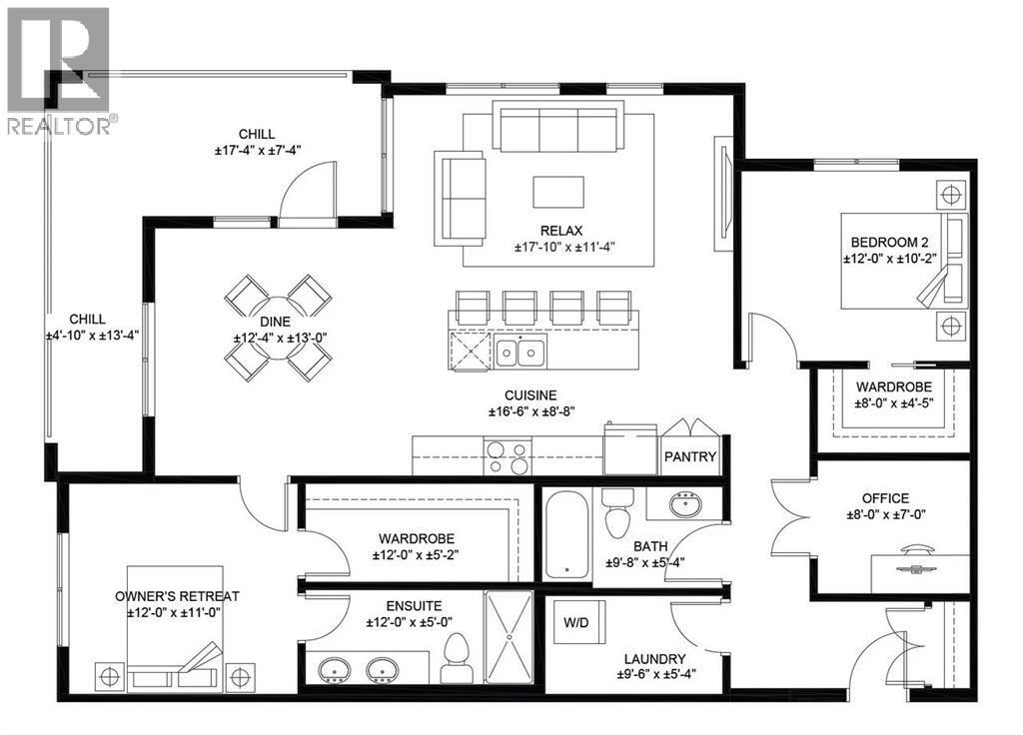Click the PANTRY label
click(x=690, y=457)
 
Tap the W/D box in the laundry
click(x=575, y=624)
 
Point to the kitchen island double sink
click(x=519, y=352)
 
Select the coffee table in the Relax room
click(x=558, y=191)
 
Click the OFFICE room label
click(x=885, y=498)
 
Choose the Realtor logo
click(x=57, y=71)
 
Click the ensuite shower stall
click(x=510, y=637)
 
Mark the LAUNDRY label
click(x=654, y=659)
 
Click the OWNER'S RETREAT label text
click(x=177, y=596)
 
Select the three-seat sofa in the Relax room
click(x=557, y=130)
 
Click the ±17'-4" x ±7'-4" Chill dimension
click(x=257, y=150)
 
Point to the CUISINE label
click(x=529, y=395)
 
